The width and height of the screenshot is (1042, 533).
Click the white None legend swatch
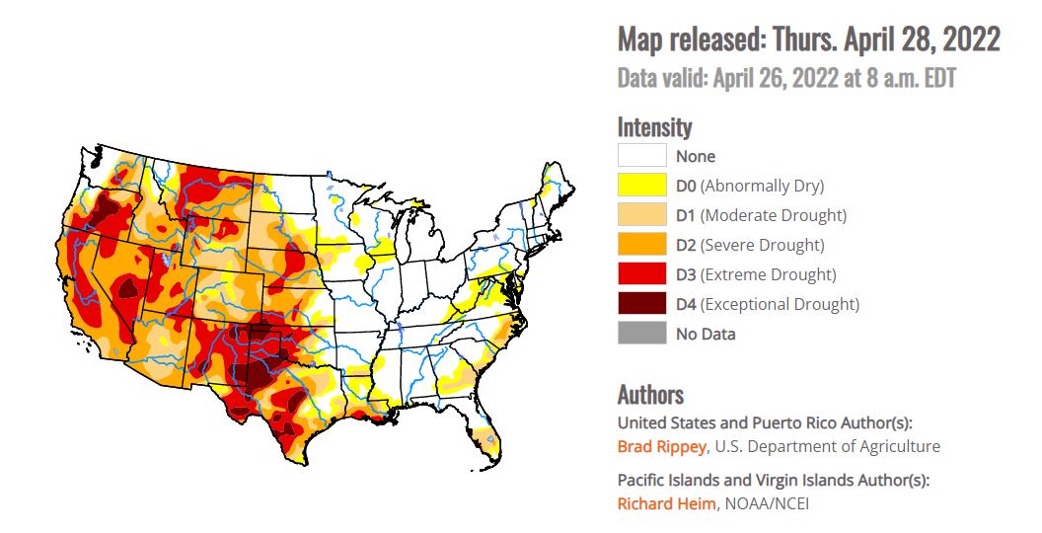coord(641,156)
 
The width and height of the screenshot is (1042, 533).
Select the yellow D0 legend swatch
coord(641,186)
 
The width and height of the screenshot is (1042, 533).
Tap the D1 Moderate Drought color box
coord(641,215)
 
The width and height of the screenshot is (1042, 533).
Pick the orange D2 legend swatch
coord(641,245)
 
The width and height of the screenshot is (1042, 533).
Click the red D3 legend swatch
coord(641,274)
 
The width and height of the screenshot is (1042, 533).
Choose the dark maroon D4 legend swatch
coord(641,304)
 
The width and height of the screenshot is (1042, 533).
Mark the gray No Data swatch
coord(641,334)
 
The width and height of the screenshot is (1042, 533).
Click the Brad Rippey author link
coord(661,446)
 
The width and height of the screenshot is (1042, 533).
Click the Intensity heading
coord(654,127)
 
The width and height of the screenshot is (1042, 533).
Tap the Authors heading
coord(650,395)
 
